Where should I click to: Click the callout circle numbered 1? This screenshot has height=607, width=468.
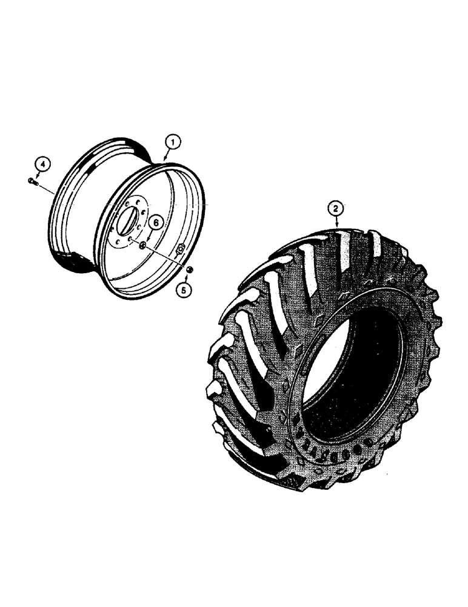pyautogui.click(x=172, y=143)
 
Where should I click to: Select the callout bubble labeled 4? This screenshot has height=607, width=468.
pyautogui.click(x=42, y=163)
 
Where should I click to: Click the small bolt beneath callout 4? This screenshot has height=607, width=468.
pyautogui.click(x=33, y=180)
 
